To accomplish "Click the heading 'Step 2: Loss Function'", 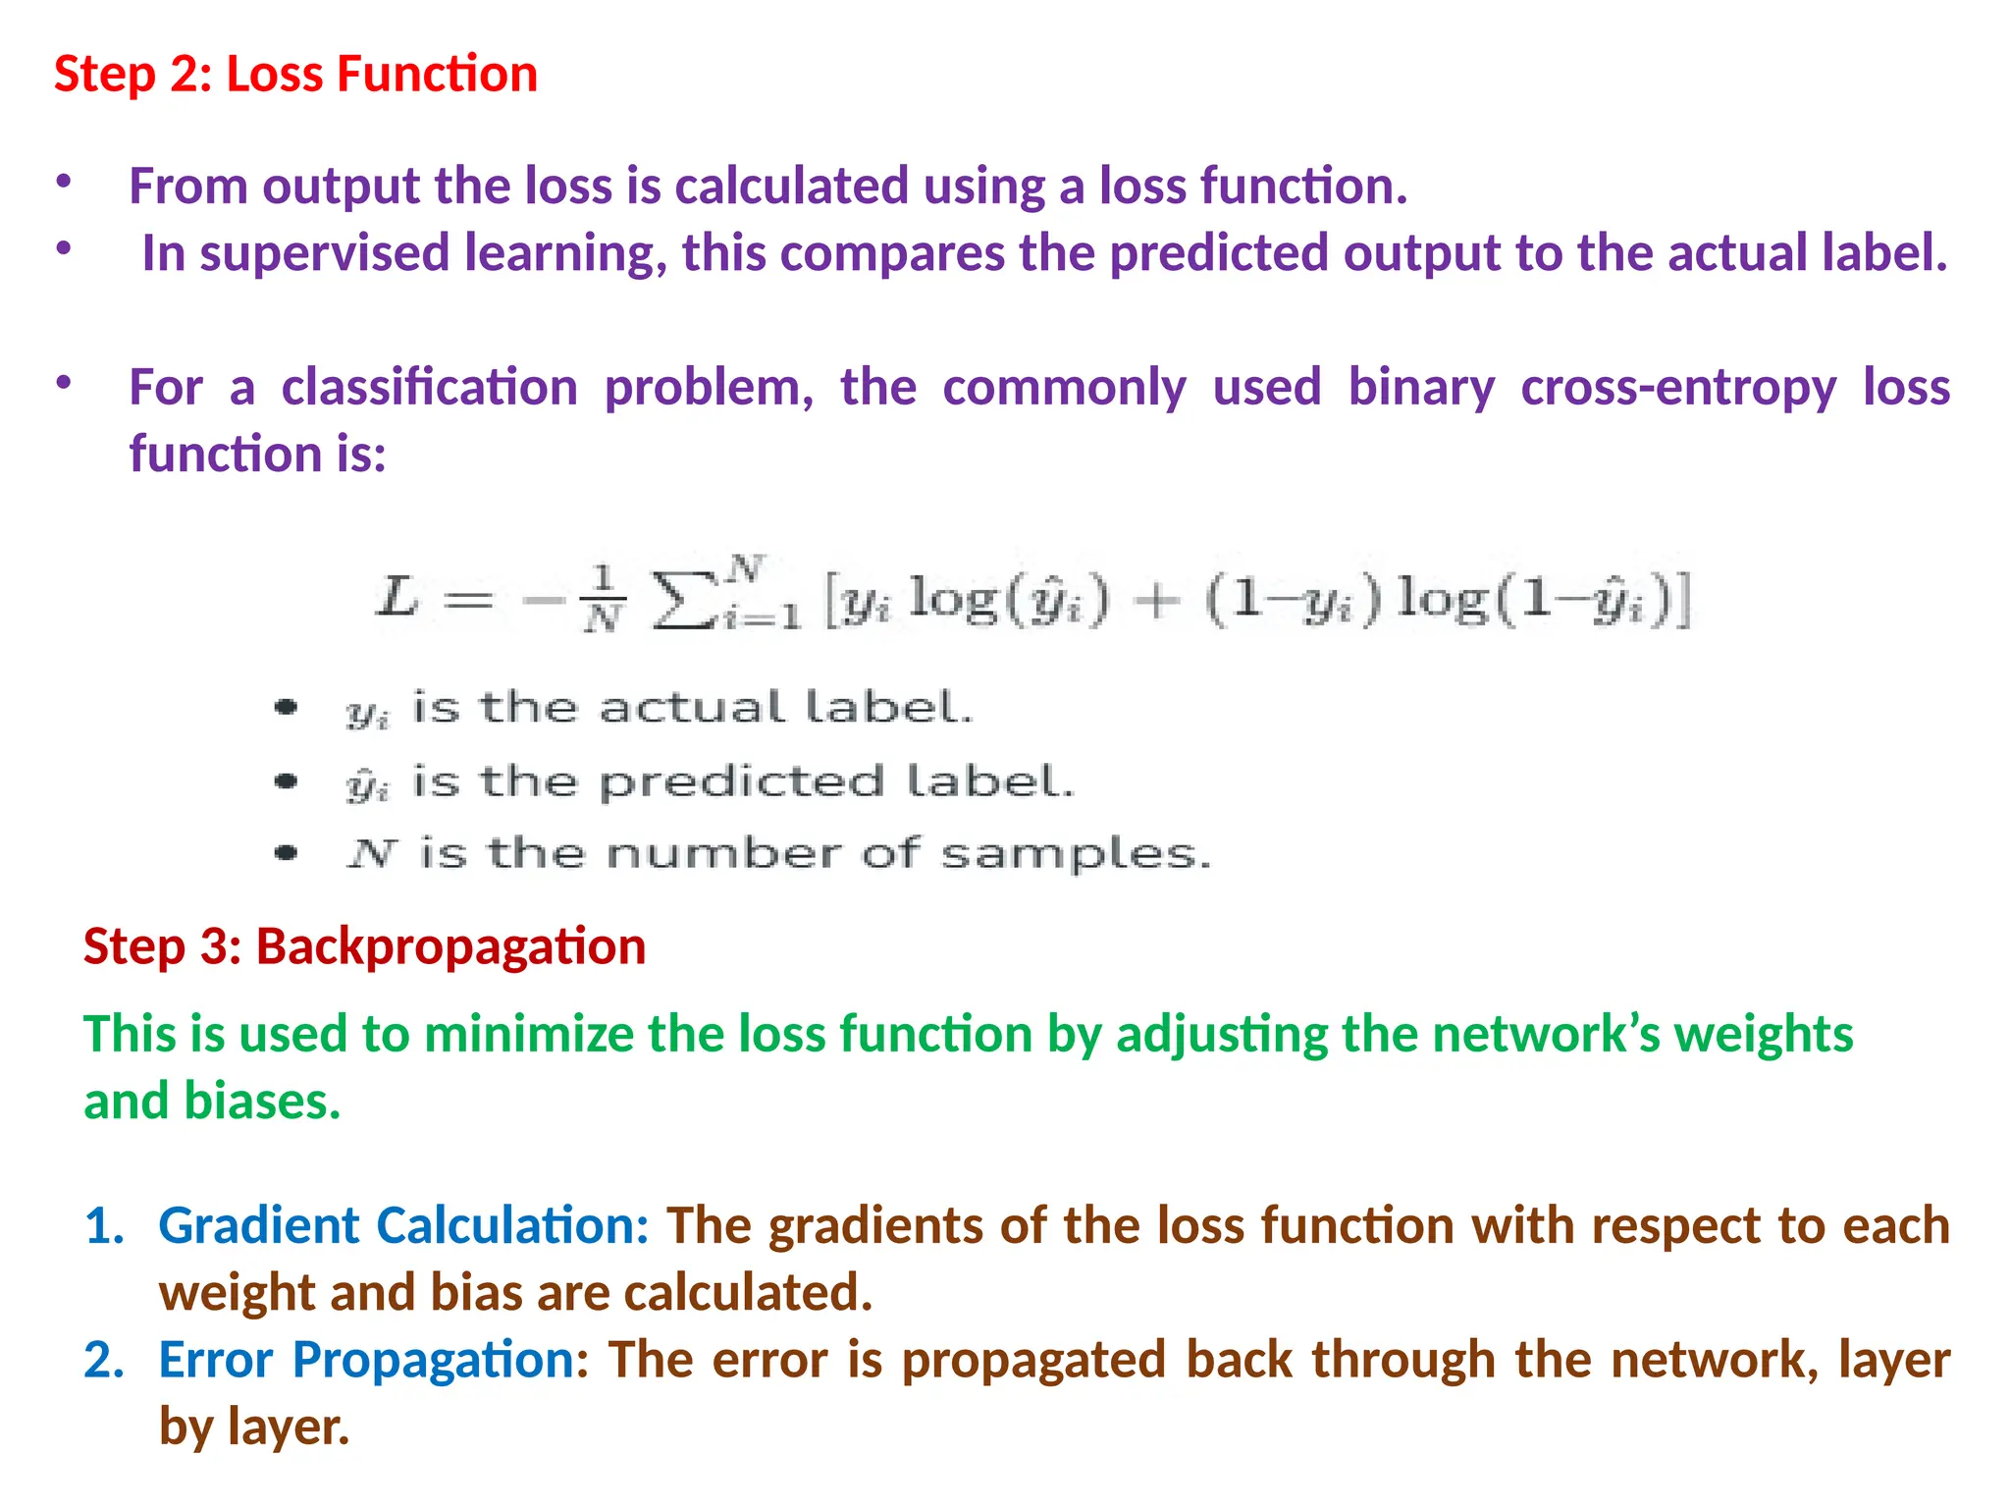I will click(295, 75).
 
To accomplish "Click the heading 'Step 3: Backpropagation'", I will click(364, 946).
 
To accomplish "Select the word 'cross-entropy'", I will click(1678, 387).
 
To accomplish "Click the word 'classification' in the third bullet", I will click(429, 387).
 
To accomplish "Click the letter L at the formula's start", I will click(397, 597).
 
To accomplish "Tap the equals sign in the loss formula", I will click(468, 599).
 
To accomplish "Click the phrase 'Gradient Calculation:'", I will click(403, 1225).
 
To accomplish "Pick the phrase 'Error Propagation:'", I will click(373, 1360).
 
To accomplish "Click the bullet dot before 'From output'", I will click(64, 182).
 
